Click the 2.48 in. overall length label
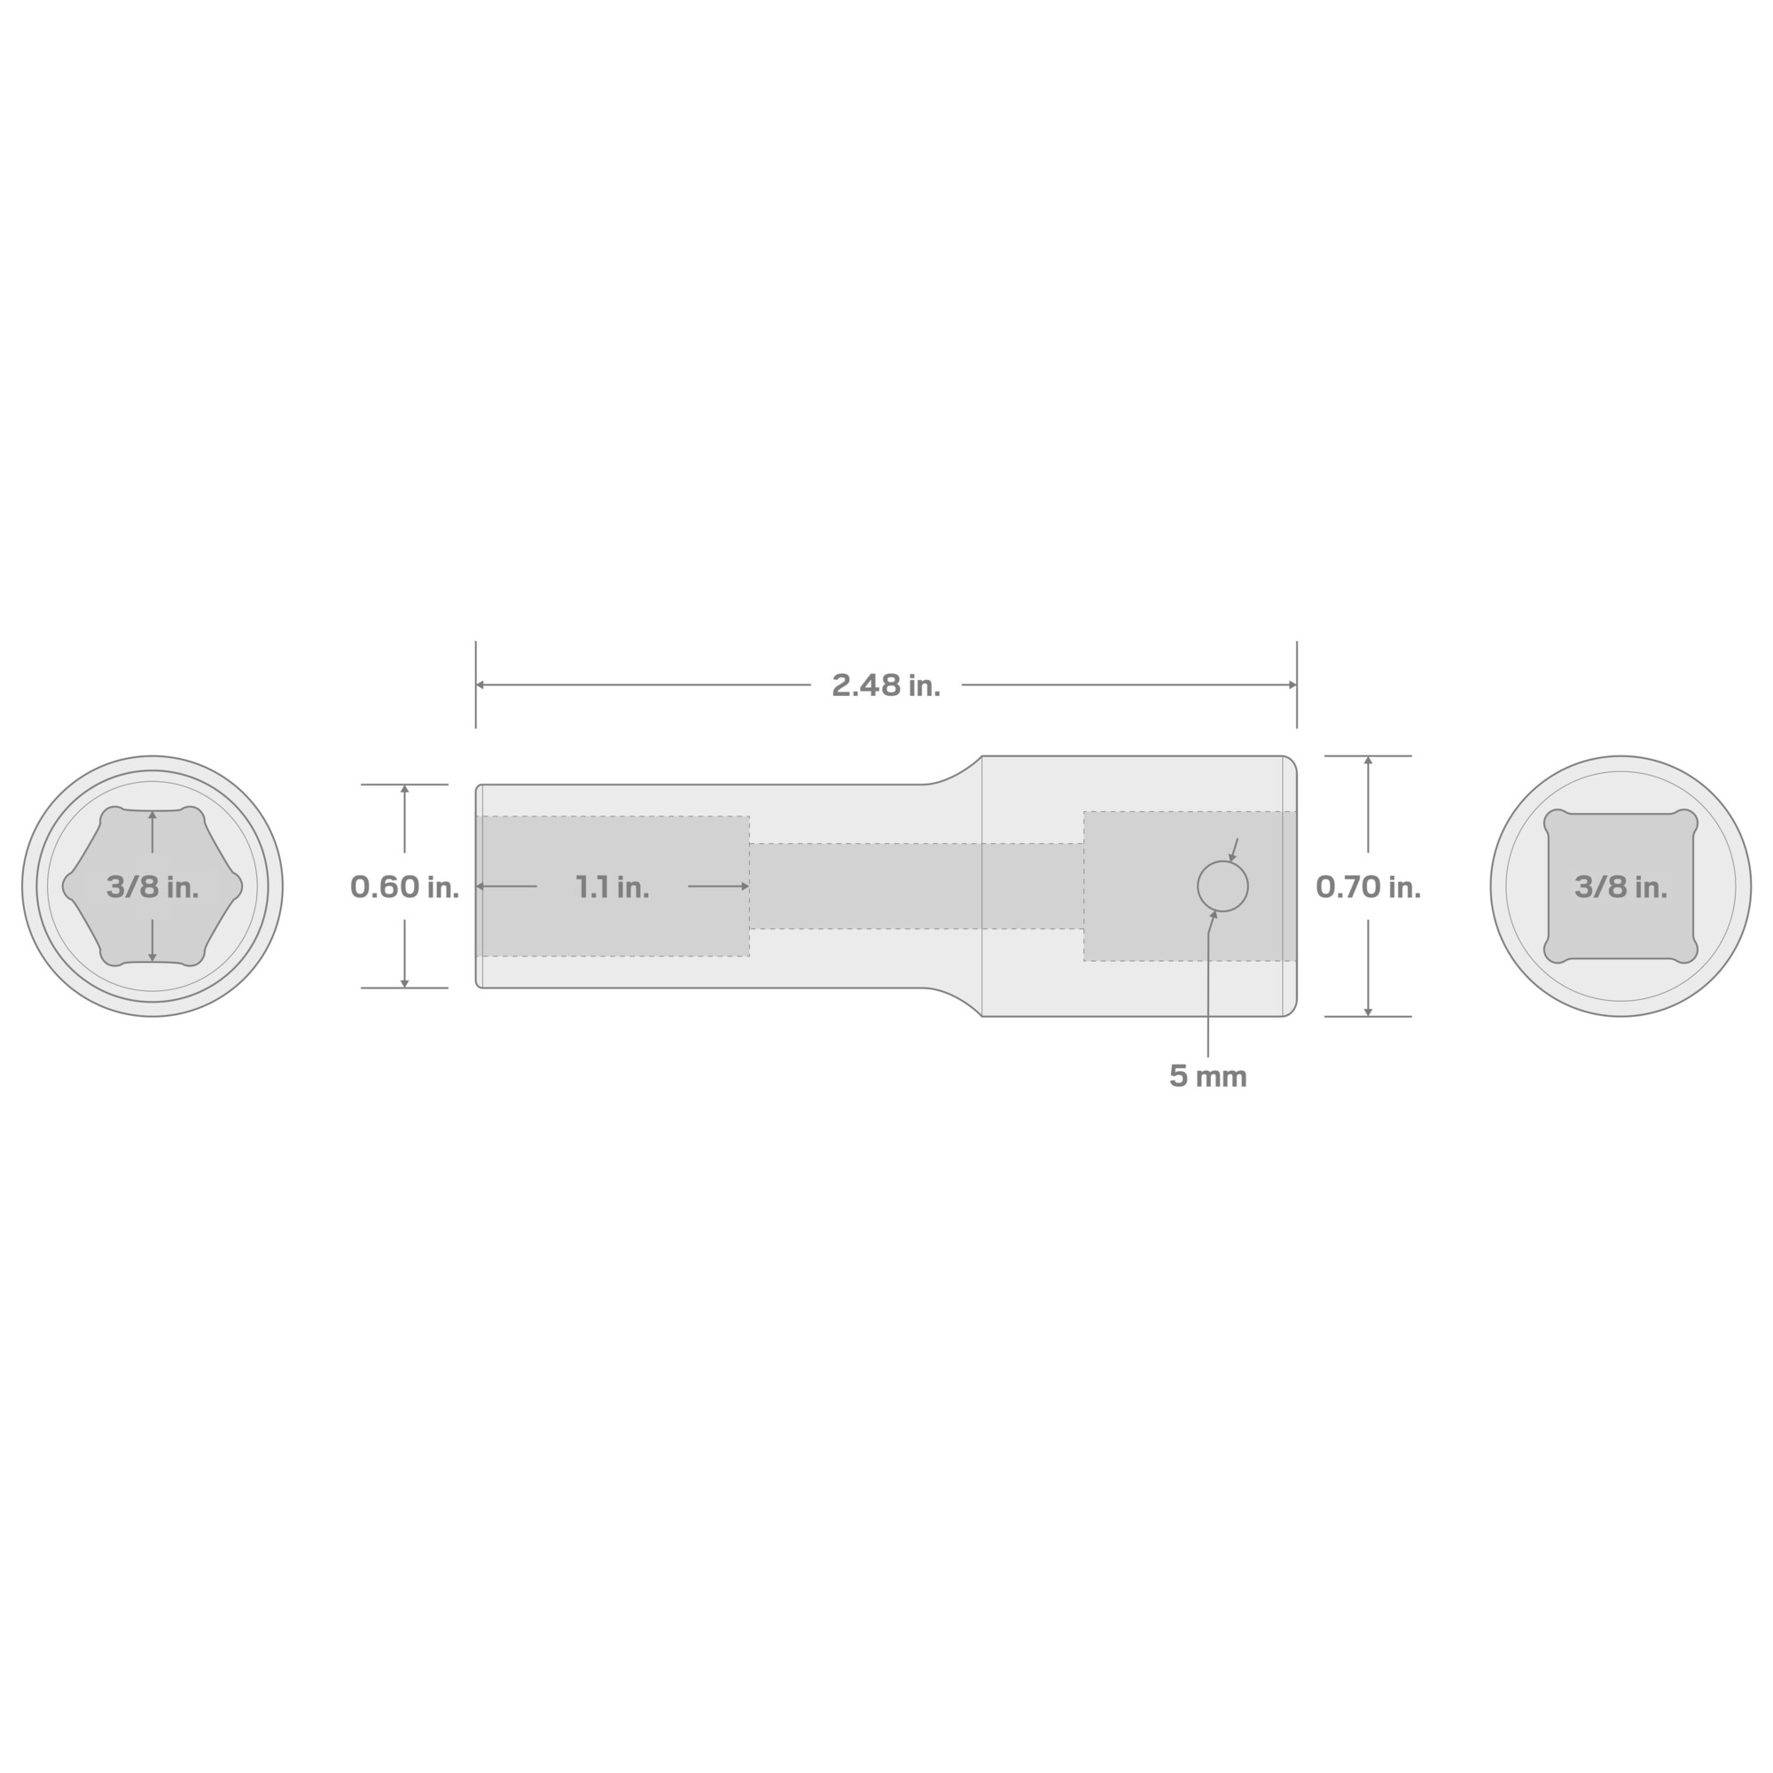click(x=886, y=685)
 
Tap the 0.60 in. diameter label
click(x=405, y=886)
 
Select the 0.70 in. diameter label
click(x=1368, y=886)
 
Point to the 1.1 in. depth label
click(x=612, y=886)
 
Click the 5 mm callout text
click(x=1207, y=1076)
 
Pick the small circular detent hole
click(x=1222, y=886)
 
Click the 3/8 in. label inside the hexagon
click(x=152, y=886)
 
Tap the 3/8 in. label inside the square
click(x=1621, y=886)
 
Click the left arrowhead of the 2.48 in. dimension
click(x=480, y=684)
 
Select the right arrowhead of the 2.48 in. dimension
click(x=1293, y=684)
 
